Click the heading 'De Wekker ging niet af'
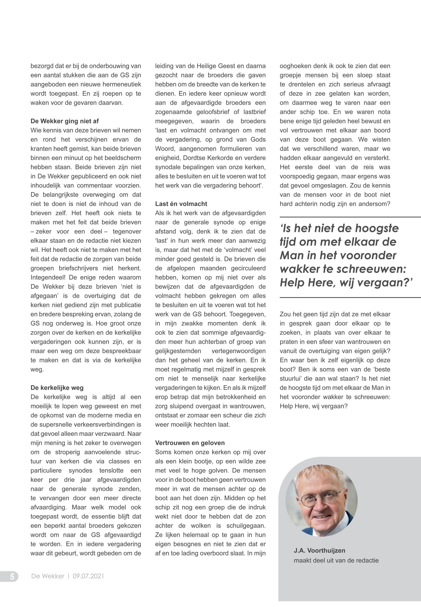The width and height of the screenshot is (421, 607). pos(65,121)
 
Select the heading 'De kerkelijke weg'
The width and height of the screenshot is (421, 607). pos(57,388)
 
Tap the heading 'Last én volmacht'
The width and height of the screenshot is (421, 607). pos(181,204)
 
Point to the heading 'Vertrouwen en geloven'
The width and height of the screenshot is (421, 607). pos(190,443)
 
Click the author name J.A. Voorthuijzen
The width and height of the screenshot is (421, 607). pos(319,551)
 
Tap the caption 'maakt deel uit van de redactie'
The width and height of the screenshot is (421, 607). pos(336,560)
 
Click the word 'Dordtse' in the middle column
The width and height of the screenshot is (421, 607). pos(191,158)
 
